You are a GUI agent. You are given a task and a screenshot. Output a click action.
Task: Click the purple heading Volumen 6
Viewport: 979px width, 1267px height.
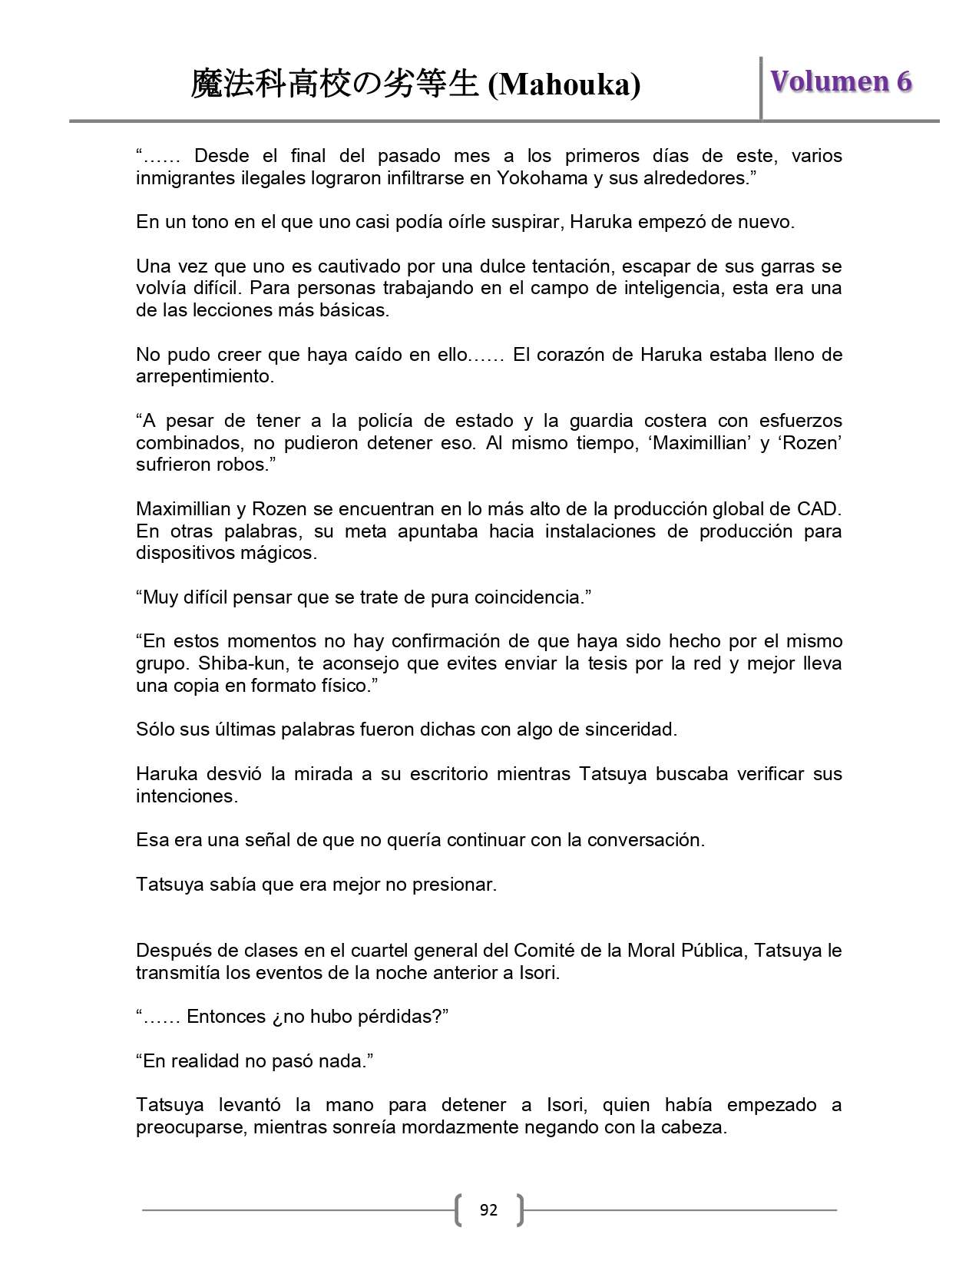pos(841,81)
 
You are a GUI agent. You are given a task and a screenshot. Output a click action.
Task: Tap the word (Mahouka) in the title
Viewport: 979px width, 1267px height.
pos(564,84)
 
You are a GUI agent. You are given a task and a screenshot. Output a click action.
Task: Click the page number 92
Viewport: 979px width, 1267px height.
pos(488,1210)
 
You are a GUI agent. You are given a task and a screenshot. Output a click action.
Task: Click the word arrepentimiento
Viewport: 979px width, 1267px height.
pos(204,377)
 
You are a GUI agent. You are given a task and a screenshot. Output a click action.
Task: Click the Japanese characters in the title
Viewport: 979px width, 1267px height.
pos(335,84)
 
